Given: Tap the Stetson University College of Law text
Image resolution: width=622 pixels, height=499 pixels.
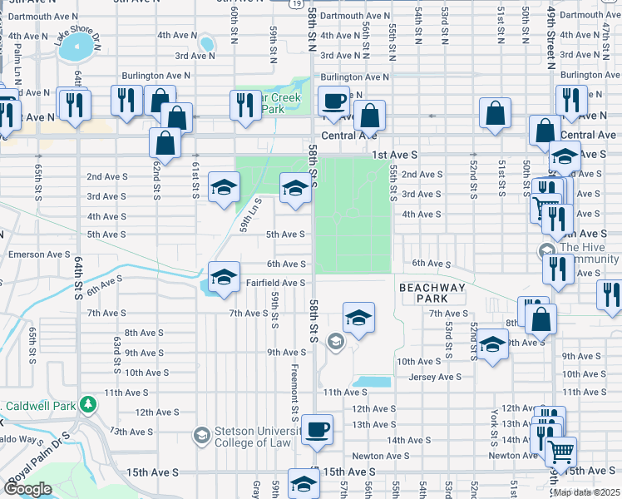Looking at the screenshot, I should pos(254,437).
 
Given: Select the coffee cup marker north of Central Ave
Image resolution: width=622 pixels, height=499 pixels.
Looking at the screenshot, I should pos(334,102).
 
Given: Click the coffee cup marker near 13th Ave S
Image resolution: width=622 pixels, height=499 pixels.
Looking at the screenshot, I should pos(317,430).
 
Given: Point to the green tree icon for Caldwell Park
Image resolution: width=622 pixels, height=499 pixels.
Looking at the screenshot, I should pos(87,405).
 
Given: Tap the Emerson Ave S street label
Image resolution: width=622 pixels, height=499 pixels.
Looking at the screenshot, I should pos(39,254).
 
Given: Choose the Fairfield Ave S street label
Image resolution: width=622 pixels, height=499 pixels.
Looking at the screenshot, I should pos(276,284).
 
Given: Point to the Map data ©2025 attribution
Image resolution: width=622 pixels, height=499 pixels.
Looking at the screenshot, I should pos(585,492).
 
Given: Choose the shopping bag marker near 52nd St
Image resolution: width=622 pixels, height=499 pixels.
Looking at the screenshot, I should pos(495,116).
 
